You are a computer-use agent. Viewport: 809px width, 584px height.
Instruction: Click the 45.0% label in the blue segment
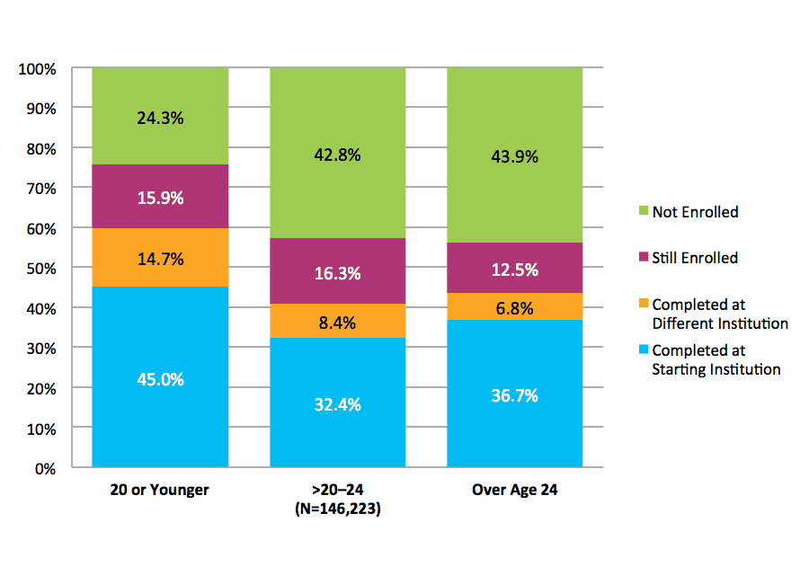pyautogui.click(x=160, y=379)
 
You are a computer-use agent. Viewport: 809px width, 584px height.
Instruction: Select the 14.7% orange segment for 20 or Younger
pyautogui.click(x=160, y=259)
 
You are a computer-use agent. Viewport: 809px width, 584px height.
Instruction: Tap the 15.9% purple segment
pyautogui.click(x=160, y=197)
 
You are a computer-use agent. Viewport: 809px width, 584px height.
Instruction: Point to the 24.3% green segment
pyautogui.click(x=160, y=117)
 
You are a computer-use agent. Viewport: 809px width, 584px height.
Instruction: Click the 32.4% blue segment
pyautogui.click(x=338, y=404)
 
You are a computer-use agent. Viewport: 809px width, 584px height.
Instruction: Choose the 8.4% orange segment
pyautogui.click(x=338, y=321)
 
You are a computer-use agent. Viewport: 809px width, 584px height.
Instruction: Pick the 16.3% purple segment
pyautogui.click(x=338, y=272)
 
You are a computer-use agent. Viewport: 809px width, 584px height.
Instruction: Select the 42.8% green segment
pyautogui.click(x=338, y=155)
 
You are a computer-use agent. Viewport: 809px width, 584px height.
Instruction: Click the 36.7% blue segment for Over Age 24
pyautogui.click(x=515, y=395)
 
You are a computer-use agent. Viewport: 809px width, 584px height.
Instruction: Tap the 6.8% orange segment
pyautogui.click(x=515, y=307)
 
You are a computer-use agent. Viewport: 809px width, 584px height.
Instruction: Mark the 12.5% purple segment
pyautogui.click(x=515, y=269)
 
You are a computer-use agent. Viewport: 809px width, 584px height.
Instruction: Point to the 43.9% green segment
pyautogui.click(x=515, y=156)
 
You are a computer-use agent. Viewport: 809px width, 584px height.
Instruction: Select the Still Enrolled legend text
pyautogui.click(x=695, y=258)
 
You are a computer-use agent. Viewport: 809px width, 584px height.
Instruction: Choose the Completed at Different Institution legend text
pyautogui.click(x=719, y=314)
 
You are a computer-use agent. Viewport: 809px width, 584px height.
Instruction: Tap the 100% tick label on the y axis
pyautogui.click(x=37, y=68)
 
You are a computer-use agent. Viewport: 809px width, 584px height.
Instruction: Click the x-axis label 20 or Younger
pyautogui.click(x=160, y=491)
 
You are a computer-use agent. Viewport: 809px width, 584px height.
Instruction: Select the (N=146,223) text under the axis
pyautogui.click(x=338, y=508)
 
